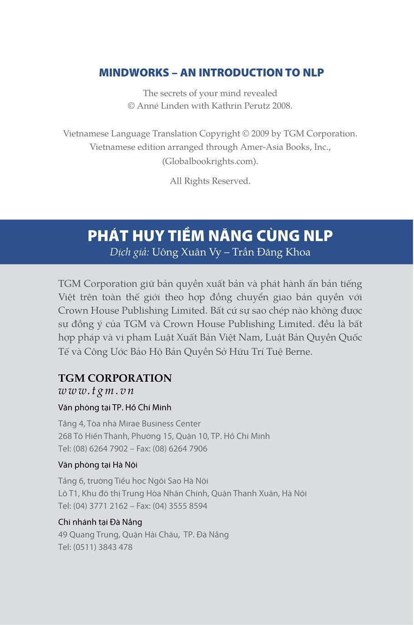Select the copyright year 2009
pos(260,133)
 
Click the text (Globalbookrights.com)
pos(210,161)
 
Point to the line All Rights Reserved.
pos(210,181)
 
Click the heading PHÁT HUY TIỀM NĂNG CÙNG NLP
pos(210,236)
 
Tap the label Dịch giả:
pos(129,252)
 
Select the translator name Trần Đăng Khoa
pos(272,252)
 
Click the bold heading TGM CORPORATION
pos(115,378)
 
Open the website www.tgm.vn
pos(96,391)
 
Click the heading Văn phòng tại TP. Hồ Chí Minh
pos(115,407)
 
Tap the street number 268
pos(65,436)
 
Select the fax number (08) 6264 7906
pos(180,449)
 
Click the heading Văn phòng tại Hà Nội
pos(98,465)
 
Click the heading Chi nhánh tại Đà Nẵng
pos(100,522)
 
